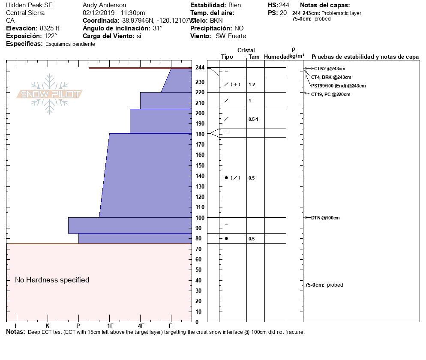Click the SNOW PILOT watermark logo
[x=50, y=94]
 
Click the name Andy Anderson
[x=104, y=5]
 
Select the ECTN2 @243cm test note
[x=328, y=69]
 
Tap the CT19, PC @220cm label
[x=330, y=94]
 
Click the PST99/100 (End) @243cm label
[x=338, y=86]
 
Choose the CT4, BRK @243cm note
[x=331, y=77]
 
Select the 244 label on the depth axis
[x=200, y=67]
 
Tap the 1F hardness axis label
[x=110, y=326]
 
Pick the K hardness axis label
[x=48, y=326]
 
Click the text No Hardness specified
[x=52, y=280]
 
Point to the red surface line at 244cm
[x=140, y=68]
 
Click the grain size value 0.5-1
[x=253, y=119]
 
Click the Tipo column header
[x=227, y=57]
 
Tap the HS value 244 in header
[x=284, y=5]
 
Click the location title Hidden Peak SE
[x=27, y=5]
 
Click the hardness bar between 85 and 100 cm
[x=130, y=225]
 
